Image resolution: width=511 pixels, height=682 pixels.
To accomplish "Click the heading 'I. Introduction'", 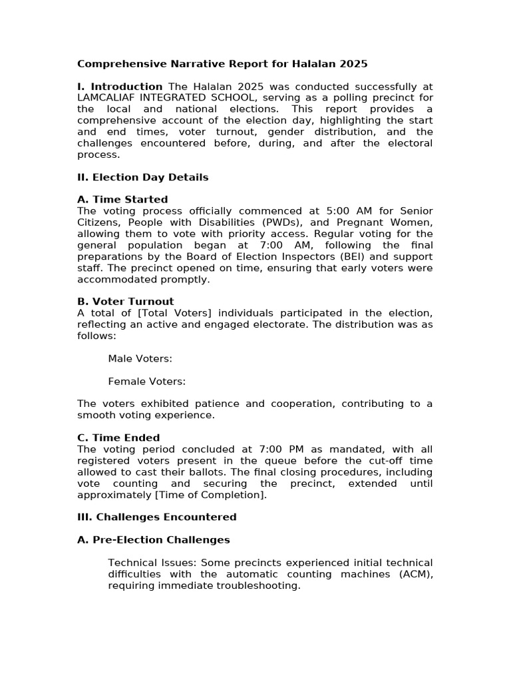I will pyautogui.click(x=120, y=87).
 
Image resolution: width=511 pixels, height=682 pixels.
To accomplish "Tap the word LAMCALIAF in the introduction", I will pyautogui.click(x=109, y=98).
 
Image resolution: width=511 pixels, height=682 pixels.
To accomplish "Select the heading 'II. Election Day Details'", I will pyautogui.click(x=143, y=177).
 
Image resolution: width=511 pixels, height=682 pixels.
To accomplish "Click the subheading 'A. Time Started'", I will pyautogui.click(x=122, y=200).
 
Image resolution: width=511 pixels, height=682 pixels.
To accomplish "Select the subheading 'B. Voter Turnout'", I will pyautogui.click(x=126, y=302).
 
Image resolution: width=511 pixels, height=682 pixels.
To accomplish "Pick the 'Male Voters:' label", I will pyautogui.click(x=140, y=358).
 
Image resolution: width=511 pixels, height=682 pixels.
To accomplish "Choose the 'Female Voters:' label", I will pyautogui.click(x=146, y=381).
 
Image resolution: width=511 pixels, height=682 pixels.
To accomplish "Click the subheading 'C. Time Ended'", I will pyautogui.click(x=118, y=438).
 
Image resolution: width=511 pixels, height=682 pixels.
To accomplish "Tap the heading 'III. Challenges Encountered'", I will pyautogui.click(x=157, y=517).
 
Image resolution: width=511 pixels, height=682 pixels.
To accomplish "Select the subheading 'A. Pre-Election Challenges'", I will pyautogui.click(x=154, y=539).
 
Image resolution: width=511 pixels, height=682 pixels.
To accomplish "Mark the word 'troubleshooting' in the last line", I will pyautogui.click(x=263, y=585).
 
